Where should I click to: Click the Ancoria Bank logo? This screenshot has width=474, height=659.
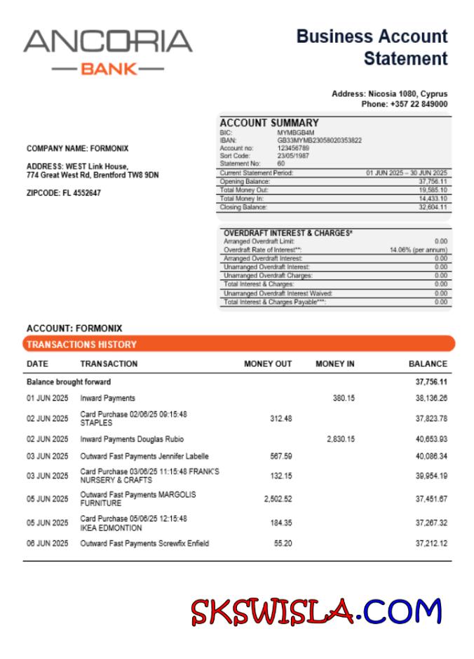107,51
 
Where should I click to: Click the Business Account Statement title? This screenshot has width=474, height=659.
372,47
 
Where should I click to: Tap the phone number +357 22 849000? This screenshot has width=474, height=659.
405,104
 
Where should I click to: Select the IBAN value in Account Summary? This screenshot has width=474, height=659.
319,140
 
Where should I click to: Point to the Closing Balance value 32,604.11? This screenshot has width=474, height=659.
433,208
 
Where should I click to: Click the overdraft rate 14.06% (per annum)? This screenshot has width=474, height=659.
418,250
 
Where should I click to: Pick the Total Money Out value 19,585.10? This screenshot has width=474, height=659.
433,190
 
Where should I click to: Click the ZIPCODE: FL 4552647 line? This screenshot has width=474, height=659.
63,193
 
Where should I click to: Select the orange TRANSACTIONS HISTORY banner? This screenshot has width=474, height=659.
238,345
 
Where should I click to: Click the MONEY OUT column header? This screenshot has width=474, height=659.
267,364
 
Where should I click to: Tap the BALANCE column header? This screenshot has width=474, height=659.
427,364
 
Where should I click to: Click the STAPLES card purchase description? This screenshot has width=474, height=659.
133,418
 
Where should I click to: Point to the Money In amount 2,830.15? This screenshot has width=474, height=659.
340,439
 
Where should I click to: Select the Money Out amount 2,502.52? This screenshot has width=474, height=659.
278,499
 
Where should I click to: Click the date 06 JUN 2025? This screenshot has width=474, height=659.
48,544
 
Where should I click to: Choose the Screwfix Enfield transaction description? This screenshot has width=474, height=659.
144,544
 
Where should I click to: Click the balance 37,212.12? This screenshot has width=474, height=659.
431,544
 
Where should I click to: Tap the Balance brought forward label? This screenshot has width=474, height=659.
69,382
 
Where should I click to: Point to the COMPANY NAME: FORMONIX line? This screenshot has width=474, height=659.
77,149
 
